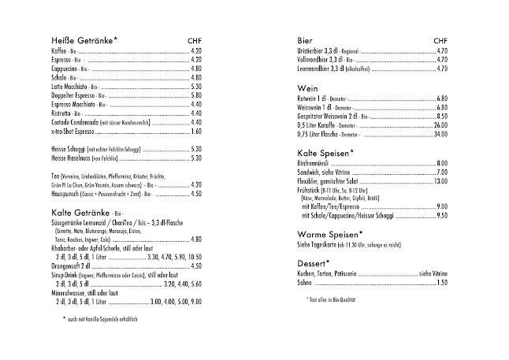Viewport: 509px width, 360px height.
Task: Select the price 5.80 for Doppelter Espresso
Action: (x=196, y=94)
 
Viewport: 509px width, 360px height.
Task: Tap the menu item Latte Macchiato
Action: (x=70, y=85)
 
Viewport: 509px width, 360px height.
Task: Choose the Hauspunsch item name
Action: (x=67, y=193)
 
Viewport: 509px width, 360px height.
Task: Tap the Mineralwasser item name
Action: (x=71, y=291)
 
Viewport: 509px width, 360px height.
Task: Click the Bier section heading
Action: (x=305, y=40)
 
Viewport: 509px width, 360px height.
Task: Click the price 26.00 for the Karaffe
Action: (x=440, y=124)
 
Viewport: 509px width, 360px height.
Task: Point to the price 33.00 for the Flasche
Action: (x=440, y=134)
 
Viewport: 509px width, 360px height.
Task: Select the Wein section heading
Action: (x=308, y=87)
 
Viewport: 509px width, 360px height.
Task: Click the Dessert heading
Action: (x=313, y=262)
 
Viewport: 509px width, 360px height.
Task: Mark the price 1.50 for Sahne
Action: (x=442, y=282)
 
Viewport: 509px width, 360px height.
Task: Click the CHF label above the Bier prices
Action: (x=440, y=40)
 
